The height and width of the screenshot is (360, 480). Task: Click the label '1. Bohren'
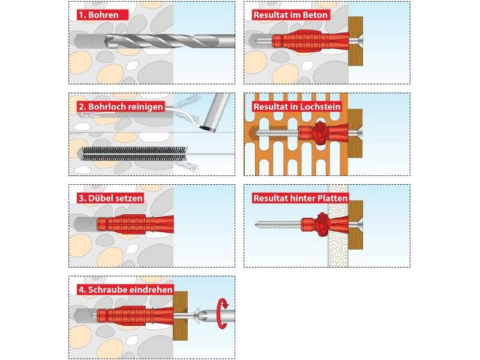103,14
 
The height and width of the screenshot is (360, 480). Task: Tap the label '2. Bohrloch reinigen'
121,107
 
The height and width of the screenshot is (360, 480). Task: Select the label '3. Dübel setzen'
110,198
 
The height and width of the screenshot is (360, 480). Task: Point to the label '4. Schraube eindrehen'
125,290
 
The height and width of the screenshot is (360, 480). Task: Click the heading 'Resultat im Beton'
290,14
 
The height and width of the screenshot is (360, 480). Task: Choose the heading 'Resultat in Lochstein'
297,107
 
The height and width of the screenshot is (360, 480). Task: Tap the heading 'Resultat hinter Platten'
301,198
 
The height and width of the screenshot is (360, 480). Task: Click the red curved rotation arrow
222,313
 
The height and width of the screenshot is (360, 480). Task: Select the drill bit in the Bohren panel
170,41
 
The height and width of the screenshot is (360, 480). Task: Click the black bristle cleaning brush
134,154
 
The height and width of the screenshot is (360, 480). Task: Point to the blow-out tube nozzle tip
208,128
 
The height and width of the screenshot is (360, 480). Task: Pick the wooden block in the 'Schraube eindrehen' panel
181,316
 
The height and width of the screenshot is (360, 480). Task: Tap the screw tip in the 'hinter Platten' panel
257,224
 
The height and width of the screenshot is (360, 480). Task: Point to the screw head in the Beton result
356,41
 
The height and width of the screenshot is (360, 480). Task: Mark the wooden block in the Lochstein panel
355,133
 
